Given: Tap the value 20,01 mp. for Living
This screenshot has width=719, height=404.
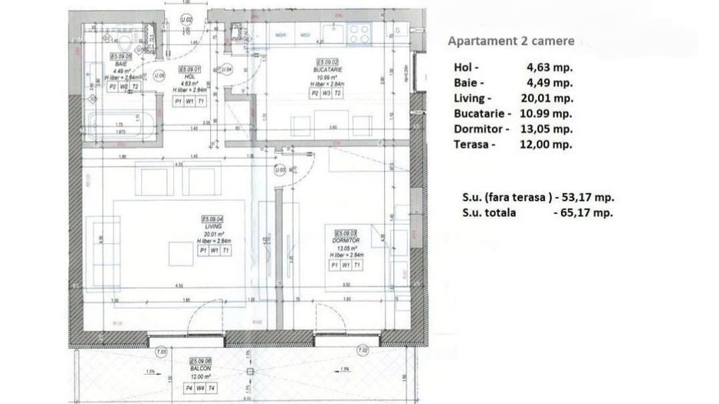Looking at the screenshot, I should point(549,98).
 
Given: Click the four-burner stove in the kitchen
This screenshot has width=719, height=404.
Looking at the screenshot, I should point(359,33).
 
